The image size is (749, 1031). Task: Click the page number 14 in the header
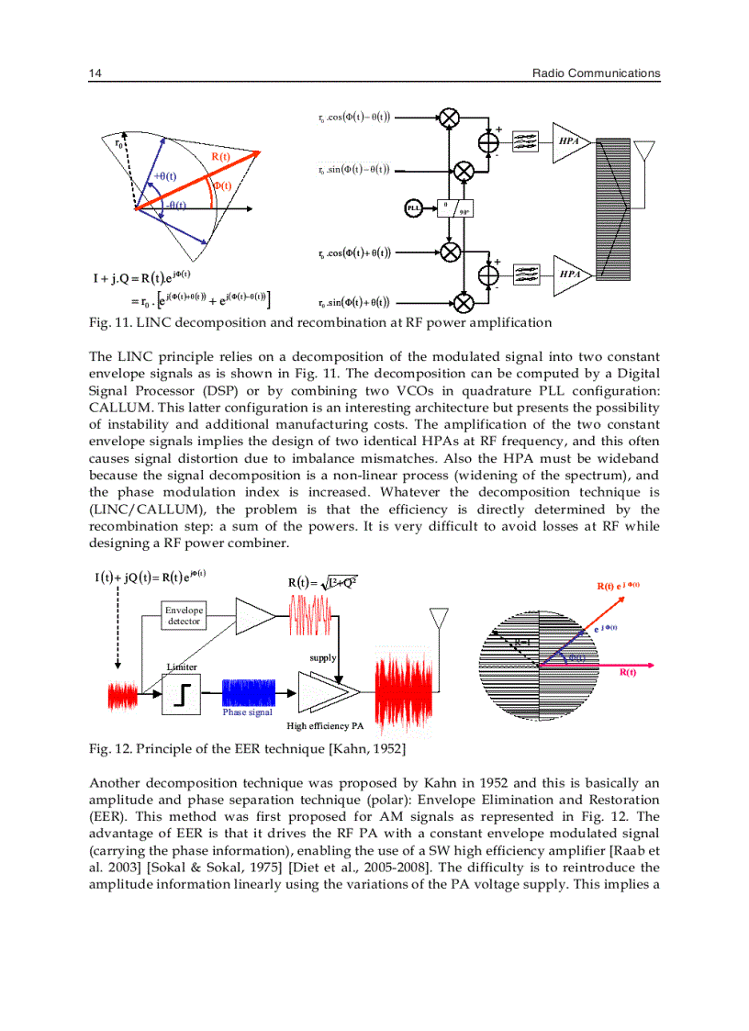pyautogui.click(x=95, y=73)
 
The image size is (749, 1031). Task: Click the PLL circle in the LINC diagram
pyautogui.click(x=413, y=208)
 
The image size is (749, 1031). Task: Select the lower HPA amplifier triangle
pyautogui.click(x=567, y=275)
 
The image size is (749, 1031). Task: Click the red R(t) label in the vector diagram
pyautogui.click(x=221, y=157)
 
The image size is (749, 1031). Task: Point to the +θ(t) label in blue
pyautogui.click(x=164, y=176)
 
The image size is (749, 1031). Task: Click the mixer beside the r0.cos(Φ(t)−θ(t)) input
pyautogui.click(x=449, y=118)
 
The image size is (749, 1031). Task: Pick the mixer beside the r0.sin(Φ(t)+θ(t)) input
pyautogui.click(x=464, y=302)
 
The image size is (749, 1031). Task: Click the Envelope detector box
pyautogui.click(x=184, y=616)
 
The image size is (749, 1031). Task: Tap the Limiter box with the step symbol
pyautogui.click(x=181, y=693)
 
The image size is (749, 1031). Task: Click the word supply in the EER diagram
pyautogui.click(x=323, y=658)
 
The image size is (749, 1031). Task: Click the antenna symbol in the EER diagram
pyautogui.click(x=439, y=617)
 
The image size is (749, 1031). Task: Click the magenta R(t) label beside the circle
pyautogui.click(x=629, y=673)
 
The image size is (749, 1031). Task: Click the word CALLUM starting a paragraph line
pyautogui.click(x=117, y=408)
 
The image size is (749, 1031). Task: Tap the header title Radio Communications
pyautogui.click(x=596, y=73)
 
